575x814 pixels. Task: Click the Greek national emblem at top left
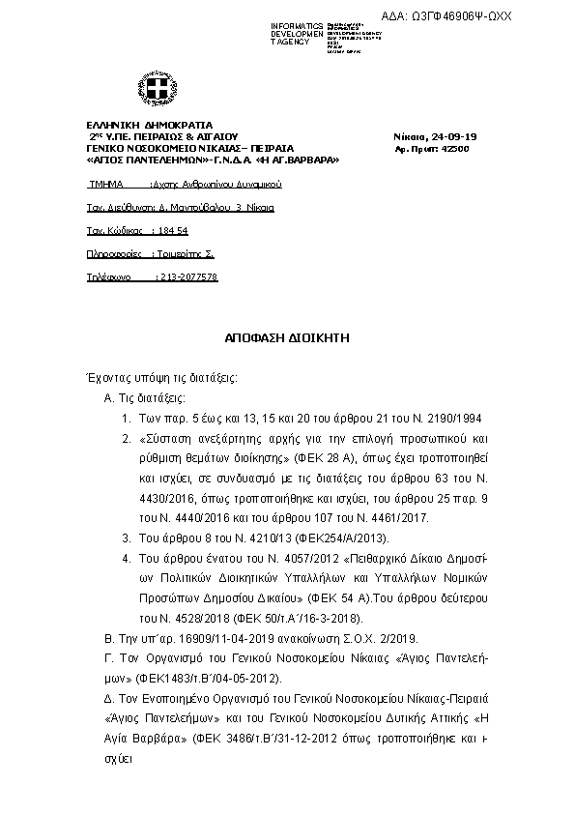coord(154,92)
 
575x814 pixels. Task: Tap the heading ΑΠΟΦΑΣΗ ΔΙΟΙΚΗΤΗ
coord(287,339)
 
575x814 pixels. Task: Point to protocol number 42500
coord(454,149)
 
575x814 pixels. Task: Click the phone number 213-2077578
coord(187,276)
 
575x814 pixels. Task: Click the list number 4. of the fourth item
coord(127,558)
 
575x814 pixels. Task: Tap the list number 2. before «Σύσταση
coord(127,438)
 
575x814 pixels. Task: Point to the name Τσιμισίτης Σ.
coord(187,253)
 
